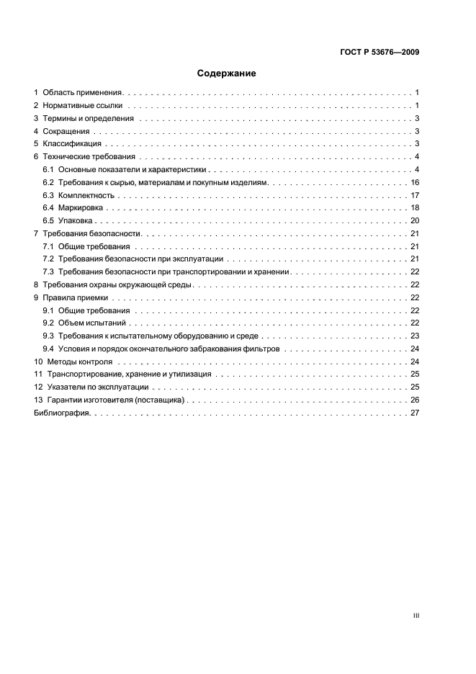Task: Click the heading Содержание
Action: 226,73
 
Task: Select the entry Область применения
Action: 84,93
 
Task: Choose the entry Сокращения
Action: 66,132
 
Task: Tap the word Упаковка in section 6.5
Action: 76,221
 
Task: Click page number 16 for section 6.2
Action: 415,183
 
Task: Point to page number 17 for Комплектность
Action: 415,196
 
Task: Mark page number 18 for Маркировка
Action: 415,208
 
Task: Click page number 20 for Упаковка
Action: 415,221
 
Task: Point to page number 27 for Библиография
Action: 415,413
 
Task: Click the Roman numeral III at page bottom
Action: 416,616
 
